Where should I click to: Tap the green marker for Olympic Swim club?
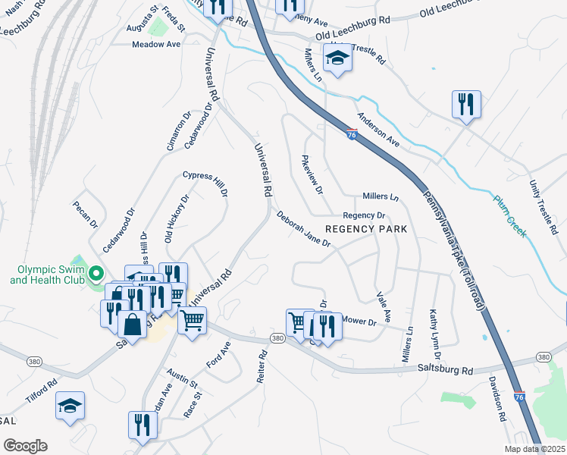(x=96, y=273)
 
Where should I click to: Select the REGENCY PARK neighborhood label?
(x=366, y=228)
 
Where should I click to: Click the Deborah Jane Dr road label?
(x=303, y=229)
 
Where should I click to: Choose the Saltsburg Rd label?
(x=445, y=369)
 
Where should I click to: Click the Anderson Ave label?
(x=378, y=130)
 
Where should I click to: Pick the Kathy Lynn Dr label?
(x=434, y=334)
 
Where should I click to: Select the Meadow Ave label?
(x=156, y=45)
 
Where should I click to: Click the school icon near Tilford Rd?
(x=70, y=406)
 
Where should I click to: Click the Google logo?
(x=25, y=446)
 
